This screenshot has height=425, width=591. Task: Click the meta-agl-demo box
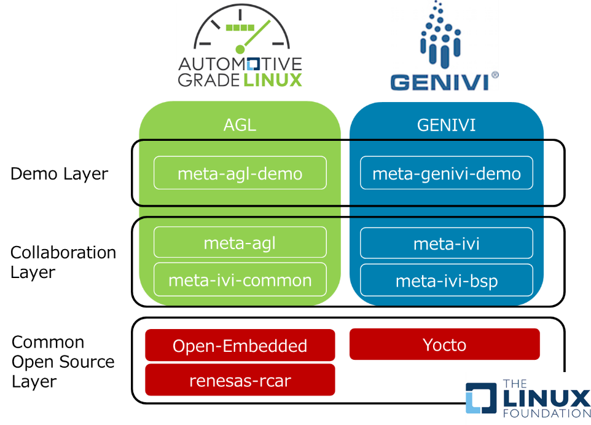(240, 173)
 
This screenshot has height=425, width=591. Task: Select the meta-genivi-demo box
(446, 173)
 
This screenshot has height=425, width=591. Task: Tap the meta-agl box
(240, 243)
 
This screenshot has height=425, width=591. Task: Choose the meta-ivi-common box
(240, 280)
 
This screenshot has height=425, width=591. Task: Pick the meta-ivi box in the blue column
(446, 244)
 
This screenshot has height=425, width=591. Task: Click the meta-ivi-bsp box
(446, 281)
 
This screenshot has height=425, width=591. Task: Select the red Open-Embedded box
(240, 346)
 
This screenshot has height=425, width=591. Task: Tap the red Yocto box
(444, 344)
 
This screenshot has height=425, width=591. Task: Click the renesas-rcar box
(240, 381)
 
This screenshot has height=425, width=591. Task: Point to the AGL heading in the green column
(240, 125)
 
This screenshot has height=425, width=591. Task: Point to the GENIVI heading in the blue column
(446, 125)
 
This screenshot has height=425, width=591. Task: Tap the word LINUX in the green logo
(271, 80)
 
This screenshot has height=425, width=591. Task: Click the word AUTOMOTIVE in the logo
(240, 64)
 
